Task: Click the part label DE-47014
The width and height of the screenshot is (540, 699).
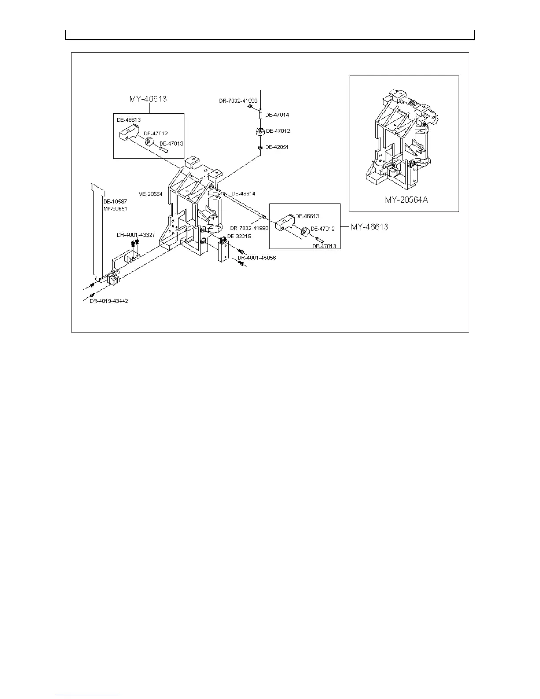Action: (x=277, y=115)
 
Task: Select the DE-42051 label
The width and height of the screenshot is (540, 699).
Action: (x=277, y=147)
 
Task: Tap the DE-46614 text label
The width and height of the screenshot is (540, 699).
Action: (x=244, y=194)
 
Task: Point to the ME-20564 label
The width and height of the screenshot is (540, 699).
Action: (x=150, y=194)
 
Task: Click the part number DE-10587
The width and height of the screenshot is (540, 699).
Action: (x=112, y=202)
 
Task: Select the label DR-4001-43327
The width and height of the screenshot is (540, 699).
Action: (x=136, y=235)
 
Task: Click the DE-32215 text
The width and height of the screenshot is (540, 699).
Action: (x=239, y=237)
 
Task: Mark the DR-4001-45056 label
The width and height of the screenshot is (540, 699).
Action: (x=257, y=258)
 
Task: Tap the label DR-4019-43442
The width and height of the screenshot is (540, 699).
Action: (x=109, y=301)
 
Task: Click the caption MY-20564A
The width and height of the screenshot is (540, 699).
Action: (x=406, y=200)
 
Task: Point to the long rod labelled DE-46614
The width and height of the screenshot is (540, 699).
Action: (x=243, y=205)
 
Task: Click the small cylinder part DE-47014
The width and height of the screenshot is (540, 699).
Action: (x=260, y=113)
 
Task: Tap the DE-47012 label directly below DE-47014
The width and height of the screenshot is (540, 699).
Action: (x=277, y=131)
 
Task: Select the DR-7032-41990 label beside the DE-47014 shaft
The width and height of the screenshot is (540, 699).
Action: (x=238, y=101)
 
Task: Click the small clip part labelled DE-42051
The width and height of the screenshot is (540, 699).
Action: (x=260, y=147)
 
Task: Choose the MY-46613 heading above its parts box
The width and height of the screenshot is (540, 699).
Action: (x=148, y=99)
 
